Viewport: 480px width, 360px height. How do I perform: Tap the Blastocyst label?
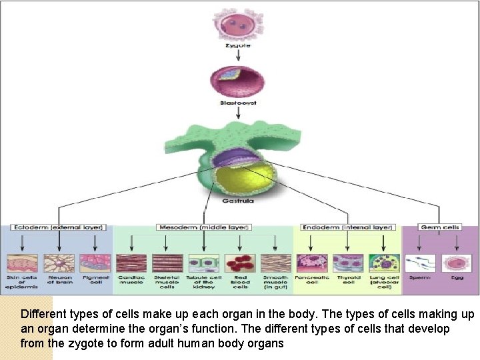238,103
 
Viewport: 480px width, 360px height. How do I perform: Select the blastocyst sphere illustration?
238,81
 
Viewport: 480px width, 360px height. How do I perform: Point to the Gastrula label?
238,199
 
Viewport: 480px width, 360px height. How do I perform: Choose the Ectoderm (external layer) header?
57,227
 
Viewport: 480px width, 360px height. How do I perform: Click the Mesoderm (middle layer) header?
203,227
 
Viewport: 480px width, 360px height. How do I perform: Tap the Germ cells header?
440,227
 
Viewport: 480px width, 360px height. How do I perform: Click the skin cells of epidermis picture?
22,263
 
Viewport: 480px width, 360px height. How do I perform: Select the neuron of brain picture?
59,263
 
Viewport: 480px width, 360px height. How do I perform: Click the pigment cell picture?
95,263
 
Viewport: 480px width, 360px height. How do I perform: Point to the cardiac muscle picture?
131,263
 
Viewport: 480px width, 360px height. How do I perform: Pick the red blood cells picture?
240,263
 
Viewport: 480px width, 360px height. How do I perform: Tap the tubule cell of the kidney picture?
203,263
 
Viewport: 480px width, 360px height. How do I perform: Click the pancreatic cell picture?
312,263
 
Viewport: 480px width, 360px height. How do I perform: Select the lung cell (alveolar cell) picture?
384,263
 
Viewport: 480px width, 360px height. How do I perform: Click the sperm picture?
421,263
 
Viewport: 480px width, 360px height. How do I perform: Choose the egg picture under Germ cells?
457,263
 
